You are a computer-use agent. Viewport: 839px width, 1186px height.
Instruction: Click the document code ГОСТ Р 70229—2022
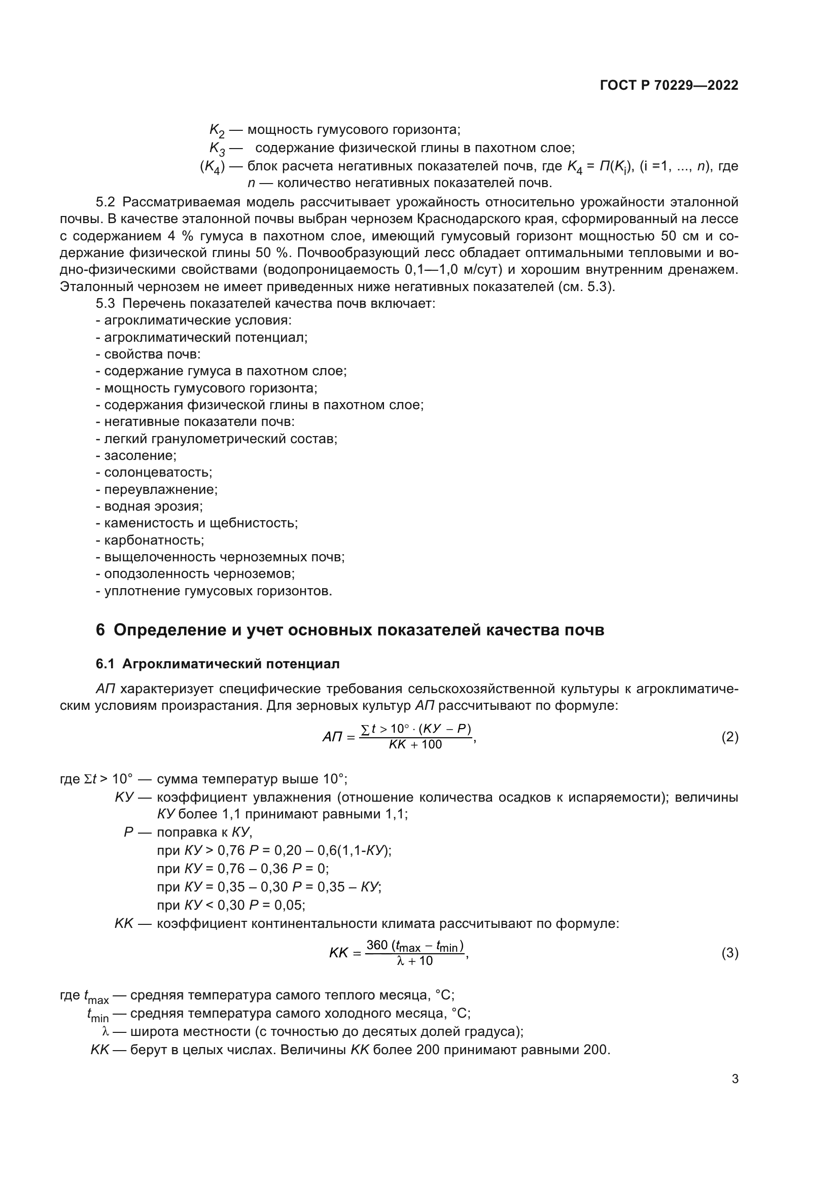[x=669, y=85]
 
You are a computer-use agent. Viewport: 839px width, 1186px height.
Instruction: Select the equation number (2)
[x=729, y=737]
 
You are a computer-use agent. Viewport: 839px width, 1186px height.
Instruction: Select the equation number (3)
[x=729, y=953]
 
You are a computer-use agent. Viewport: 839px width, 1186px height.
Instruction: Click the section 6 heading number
[x=100, y=630]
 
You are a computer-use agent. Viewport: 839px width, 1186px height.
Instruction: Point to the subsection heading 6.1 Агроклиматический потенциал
[x=218, y=664]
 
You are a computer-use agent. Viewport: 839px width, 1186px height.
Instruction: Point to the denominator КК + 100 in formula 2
[x=415, y=744]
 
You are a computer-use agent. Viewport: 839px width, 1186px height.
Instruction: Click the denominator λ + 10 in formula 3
[x=414, y=961]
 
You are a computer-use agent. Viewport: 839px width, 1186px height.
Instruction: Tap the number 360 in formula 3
[x=376, y=945]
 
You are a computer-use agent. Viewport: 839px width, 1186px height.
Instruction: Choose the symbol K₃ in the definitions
[x=217, y=149]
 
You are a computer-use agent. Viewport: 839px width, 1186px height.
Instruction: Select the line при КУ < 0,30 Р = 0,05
[x=230, y=906]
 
